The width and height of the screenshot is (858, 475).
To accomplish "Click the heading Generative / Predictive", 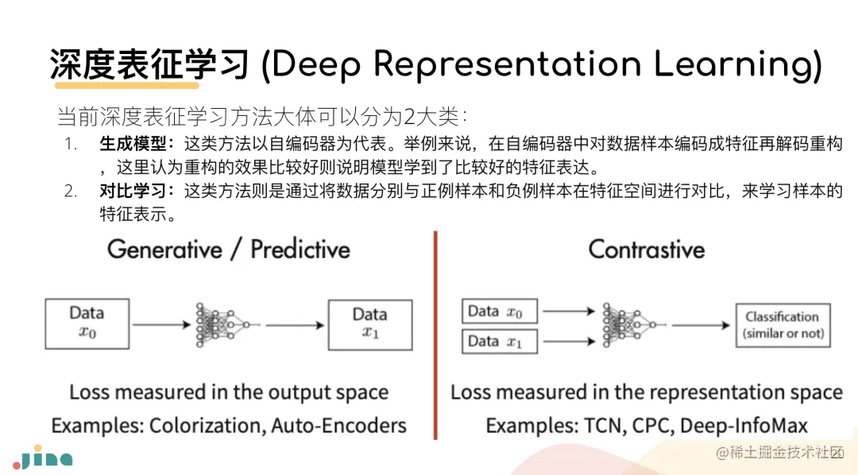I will point(229,249).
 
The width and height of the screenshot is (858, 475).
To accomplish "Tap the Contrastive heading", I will point(647,249).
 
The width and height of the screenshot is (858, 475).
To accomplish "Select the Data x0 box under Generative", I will point(87,323).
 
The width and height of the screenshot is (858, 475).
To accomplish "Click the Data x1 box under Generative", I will point(370,323).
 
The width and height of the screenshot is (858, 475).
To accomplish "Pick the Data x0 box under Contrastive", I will point(500,311).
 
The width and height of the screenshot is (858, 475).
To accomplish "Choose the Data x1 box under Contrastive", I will point(500,342).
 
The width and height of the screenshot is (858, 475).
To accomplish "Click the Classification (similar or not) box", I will point(783,324).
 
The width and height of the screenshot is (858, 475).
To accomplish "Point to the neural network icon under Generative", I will point(224,324).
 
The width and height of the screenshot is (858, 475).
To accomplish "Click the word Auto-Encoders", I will point(339,426).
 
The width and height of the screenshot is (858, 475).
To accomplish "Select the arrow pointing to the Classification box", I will point(699,324).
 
